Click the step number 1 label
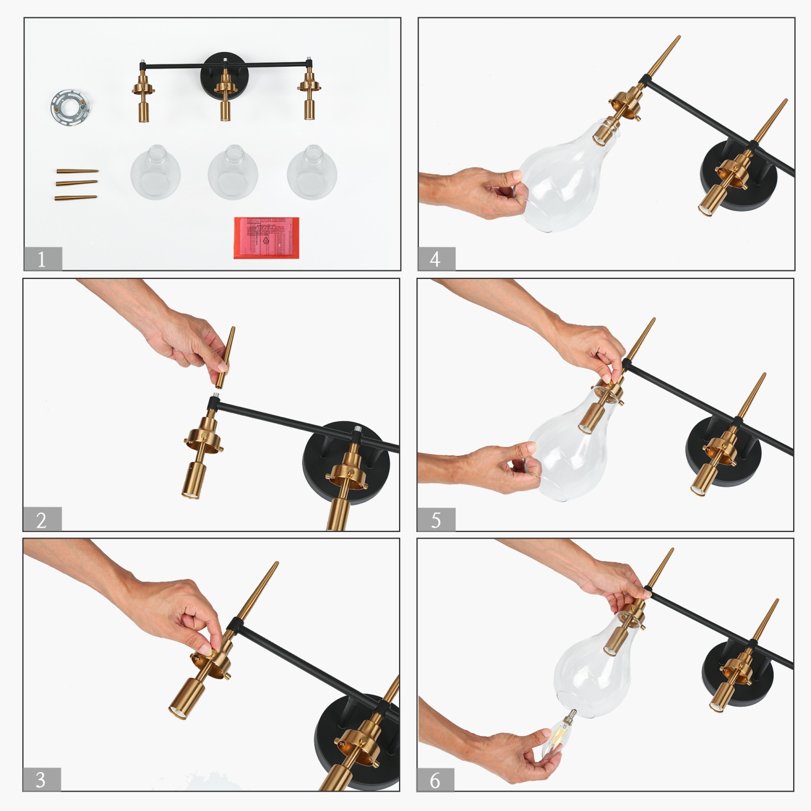pyautogui.click(x=42, y=259)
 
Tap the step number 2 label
pyautogui.click(x=42, y=520)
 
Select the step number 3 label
pyautogui.click(x=41, y=779)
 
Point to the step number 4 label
pyautogui.click(x=436, y=259)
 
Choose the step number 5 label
pyautogui.click(x=436, y=520)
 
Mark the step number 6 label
pyautogui.click(x=435, y=780)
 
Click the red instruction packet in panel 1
pyautogui.click(x=266, y=237)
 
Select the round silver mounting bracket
pyautogui.click(x=70, y=107)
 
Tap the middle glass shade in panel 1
pyautogui.click(x=233, y=172)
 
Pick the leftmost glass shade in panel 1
pyautogui.click(x=156, y=172)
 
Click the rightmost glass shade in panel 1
pyautogui.click(x=312, y=172)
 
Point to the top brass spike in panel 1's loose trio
pyautogui.click(x=77, y=171)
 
